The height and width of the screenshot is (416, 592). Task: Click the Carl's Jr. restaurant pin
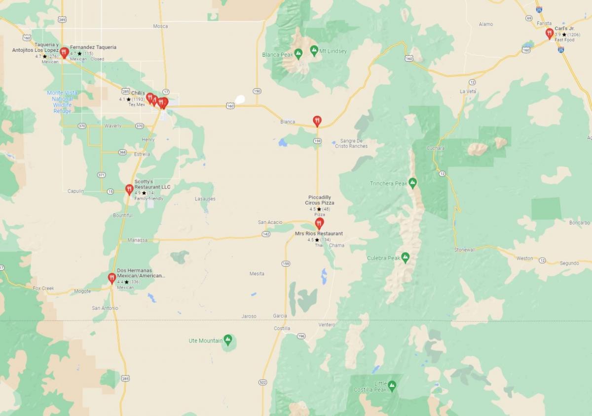coord(549,33)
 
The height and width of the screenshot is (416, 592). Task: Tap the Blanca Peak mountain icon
coord(298,53)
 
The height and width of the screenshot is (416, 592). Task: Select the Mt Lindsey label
coord(333,51)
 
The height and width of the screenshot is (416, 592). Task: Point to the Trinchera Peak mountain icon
coord(413,183)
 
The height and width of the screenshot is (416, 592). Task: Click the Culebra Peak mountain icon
coord(405,257)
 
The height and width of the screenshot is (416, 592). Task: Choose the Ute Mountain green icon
coord(227,340)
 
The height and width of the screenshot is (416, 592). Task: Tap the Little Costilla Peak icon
coord(392,385)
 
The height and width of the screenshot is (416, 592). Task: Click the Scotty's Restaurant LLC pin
coord(129,189)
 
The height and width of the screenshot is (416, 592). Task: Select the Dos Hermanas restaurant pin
coord(112,278)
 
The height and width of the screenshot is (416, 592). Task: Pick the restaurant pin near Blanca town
coord(317,120)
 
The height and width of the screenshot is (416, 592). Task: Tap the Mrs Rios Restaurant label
coord(319,233)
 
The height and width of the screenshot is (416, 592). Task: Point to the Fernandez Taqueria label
coord(93,47)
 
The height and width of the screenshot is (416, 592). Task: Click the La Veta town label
coord(468,91)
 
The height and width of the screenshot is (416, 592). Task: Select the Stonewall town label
coord(464,250)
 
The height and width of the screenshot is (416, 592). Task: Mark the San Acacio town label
coord(270,223)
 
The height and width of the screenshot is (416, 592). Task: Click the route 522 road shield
coord(262,382)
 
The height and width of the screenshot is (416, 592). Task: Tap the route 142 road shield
coord(266,234)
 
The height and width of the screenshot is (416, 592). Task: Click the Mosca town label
coord(160,26)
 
